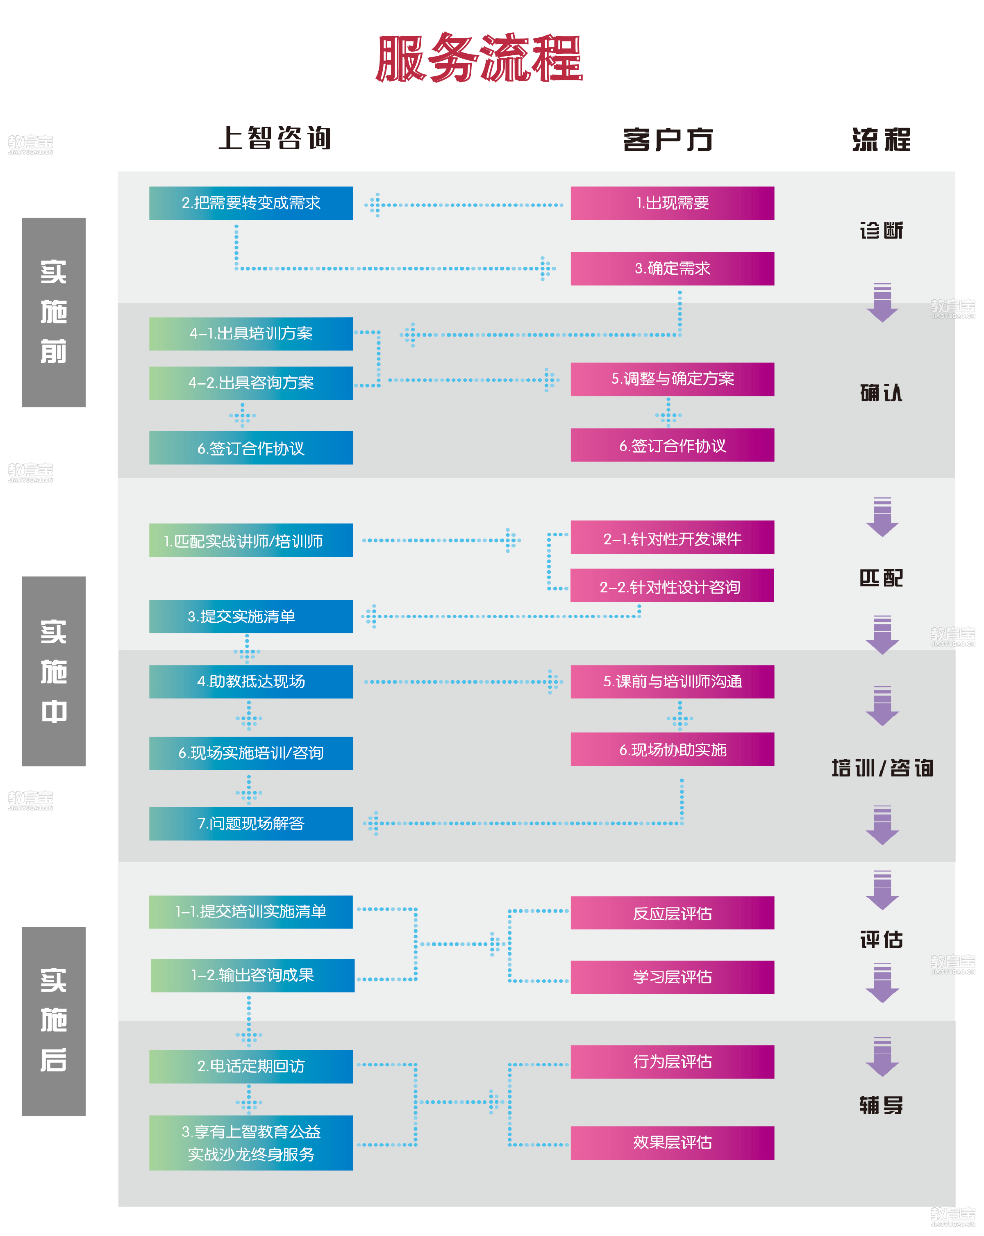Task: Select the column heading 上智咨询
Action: (275, 138)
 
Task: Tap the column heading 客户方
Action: (668, 139)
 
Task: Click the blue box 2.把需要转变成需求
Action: (250, 203)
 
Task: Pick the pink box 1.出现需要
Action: (672, 203)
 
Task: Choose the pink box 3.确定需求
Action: (672, 268)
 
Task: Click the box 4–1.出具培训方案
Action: (250, 334)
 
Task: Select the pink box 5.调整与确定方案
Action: (672, 379)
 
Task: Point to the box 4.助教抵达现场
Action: (250, 682)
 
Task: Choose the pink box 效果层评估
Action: (672, 1143)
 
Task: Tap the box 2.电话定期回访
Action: (250, 1066)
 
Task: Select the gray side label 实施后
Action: (53, 1021)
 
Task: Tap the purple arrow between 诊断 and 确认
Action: (882, 303)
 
